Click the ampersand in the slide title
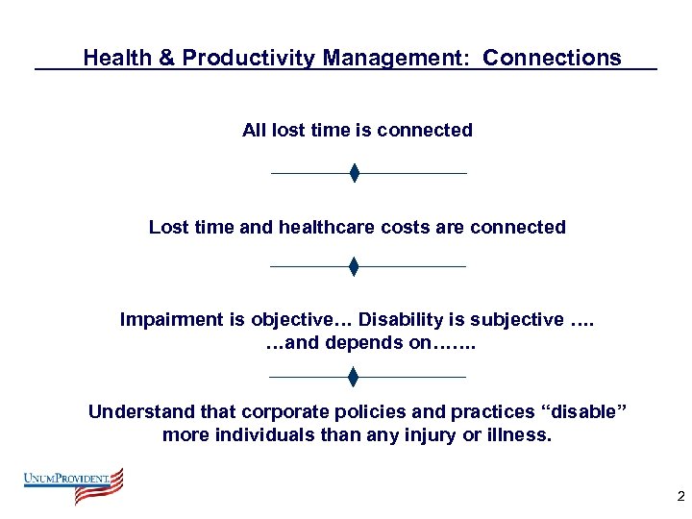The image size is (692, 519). [x=165, y=58]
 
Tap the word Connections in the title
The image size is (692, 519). [x=552, y=58]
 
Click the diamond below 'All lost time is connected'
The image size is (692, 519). [x=354, y=173]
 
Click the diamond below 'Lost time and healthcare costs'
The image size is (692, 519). [x=354, y=266]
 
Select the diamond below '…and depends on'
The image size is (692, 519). [x=354, y=377]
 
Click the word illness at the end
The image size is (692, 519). [x=522, y=434]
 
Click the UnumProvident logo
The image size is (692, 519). [x=74, y=485]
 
